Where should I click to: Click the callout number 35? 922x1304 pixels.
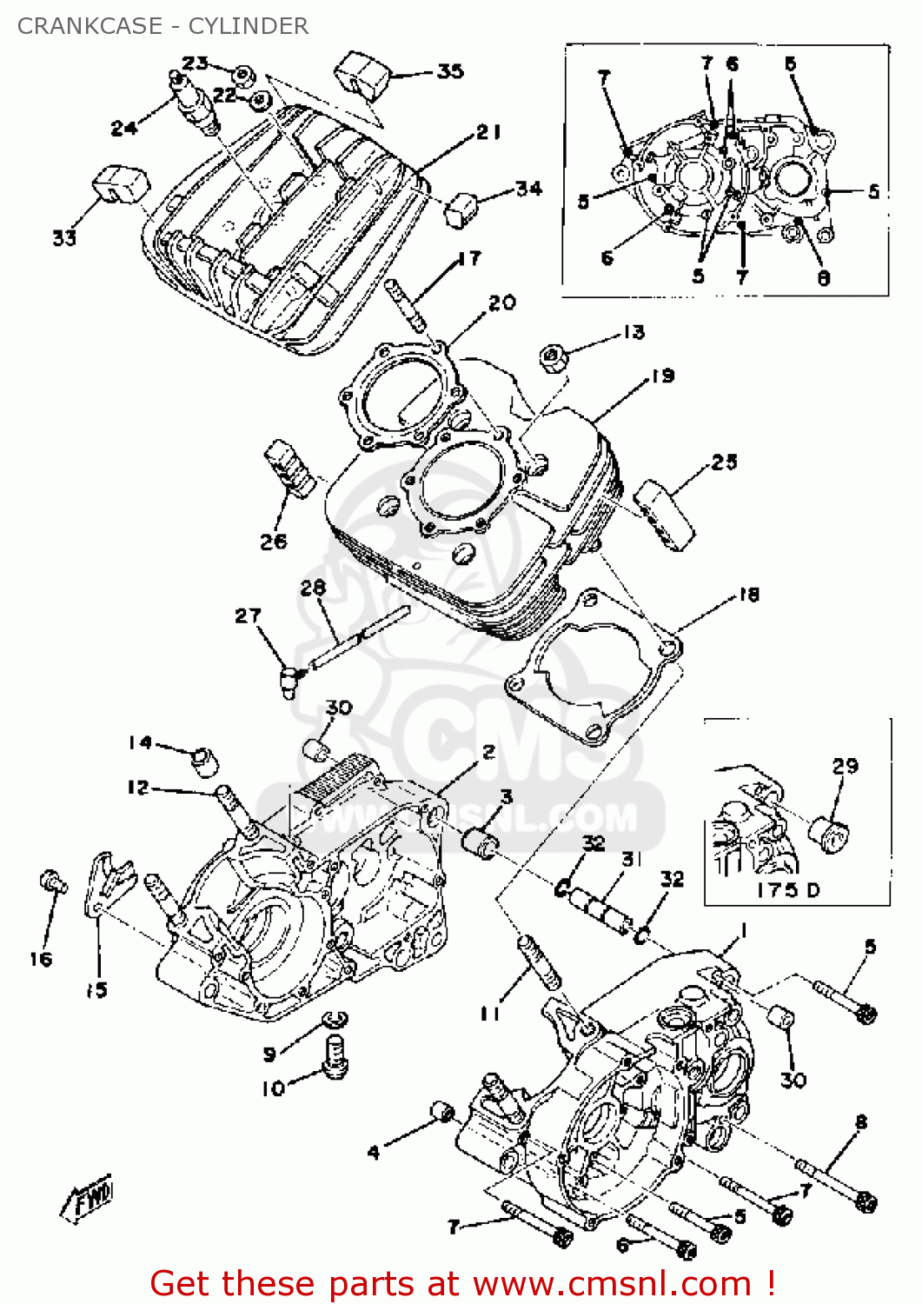tap(450, 71)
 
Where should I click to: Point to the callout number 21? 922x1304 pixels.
tap(489, 132)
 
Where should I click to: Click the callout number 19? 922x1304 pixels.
tap(663, 376)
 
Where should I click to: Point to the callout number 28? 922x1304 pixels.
tap(313, 588)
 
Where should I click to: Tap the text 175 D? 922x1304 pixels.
tap(788, 890)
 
